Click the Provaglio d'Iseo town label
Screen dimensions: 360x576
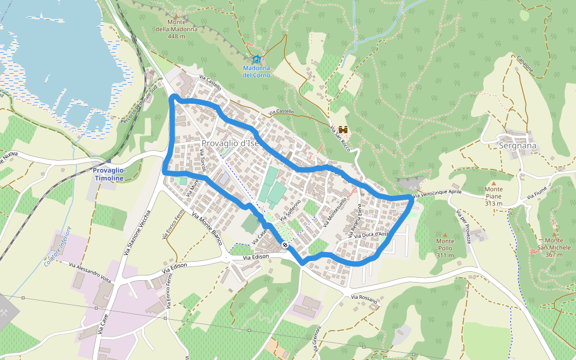(x=231, y=143)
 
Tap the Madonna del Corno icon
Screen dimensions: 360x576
(x=257, y=59)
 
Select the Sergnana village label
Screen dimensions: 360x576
(x=517, y=145)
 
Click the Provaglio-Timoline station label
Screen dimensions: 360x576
(x=109, y=174)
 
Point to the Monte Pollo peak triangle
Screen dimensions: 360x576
(x=445, y=234)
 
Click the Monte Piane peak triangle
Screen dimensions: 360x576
(x=494, y=183)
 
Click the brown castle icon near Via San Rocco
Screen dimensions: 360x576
(x=344, y=130)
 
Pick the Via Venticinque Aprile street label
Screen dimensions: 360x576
(x=442, y=192)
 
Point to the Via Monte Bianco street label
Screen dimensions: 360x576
(x=208, y=229)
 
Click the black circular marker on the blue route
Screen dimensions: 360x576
(x=284, y=245)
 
